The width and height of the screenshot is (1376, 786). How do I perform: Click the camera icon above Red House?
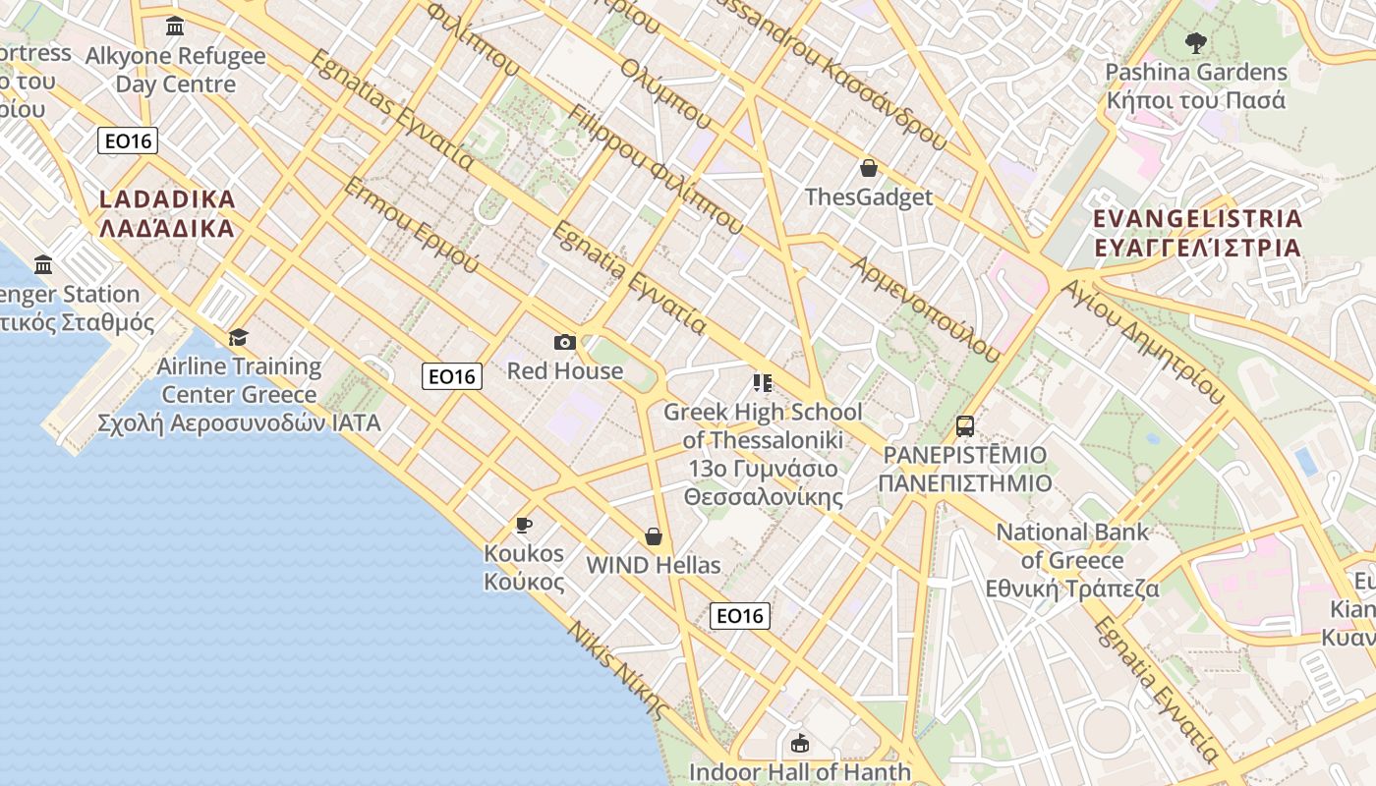pos(564,342)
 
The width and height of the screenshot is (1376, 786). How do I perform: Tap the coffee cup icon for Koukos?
pos(524,525)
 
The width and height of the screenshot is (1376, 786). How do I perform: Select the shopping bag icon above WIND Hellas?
pos(654,536)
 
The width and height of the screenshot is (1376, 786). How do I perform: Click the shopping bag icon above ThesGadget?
pos(868,168)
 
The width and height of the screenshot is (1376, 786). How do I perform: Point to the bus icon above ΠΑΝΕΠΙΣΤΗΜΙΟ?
pos(965,426)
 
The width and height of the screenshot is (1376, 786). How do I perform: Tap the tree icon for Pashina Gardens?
pos(1195,42)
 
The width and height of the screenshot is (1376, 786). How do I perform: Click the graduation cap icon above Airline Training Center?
pos(239,338)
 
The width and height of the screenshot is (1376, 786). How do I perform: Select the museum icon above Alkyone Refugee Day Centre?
pos(175,27)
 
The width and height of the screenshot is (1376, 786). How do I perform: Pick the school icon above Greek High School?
pos(762,382)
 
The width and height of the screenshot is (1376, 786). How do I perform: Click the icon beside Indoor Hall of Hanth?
pos(800,743)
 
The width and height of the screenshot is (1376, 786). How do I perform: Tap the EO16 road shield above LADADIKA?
pos(128,140)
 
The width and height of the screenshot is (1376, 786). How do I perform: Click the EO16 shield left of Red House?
pos(452,375)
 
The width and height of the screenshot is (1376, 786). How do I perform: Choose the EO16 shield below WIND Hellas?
pos(739,616)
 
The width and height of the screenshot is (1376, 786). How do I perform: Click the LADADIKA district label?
pos(168,213)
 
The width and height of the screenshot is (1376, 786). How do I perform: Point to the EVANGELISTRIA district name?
pos(1197,232)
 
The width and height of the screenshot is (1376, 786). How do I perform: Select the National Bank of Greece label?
pos(1072,560)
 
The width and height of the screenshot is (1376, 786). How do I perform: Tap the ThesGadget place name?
pos(869,196)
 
